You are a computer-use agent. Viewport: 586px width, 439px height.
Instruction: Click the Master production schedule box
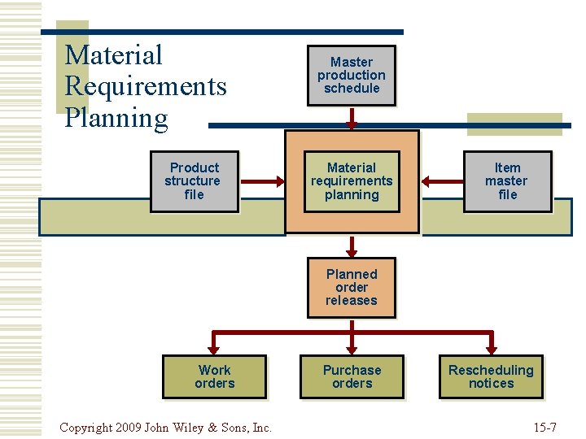tap(351, 76)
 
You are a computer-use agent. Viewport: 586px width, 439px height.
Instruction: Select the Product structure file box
tap(194, 181)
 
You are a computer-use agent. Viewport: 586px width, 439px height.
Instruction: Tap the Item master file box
tap(507, 181)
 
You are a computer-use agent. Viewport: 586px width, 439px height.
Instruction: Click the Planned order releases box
tap(351, 287)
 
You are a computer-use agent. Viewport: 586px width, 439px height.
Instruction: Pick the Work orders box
tap(214, 376)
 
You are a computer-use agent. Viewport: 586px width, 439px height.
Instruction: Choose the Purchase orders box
tap(352, 376)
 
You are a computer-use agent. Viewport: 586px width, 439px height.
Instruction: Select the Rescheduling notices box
tap(491, 376)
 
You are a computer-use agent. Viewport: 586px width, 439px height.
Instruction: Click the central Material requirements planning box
tap(352, 181)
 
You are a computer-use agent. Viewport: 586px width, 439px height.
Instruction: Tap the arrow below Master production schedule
tap(352, 118)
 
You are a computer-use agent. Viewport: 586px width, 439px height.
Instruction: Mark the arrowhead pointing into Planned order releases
tap(352, 249)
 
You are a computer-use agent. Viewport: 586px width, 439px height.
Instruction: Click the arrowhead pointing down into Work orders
tap(214, 349)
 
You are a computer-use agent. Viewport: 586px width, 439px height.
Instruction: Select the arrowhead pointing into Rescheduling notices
tap(491, 349)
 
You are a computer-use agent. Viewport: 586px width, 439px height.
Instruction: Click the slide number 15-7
tap(544, 426)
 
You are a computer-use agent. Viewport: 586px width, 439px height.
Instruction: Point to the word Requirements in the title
tap(145, 86)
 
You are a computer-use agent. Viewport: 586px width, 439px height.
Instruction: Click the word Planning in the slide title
tap(116, 118)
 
